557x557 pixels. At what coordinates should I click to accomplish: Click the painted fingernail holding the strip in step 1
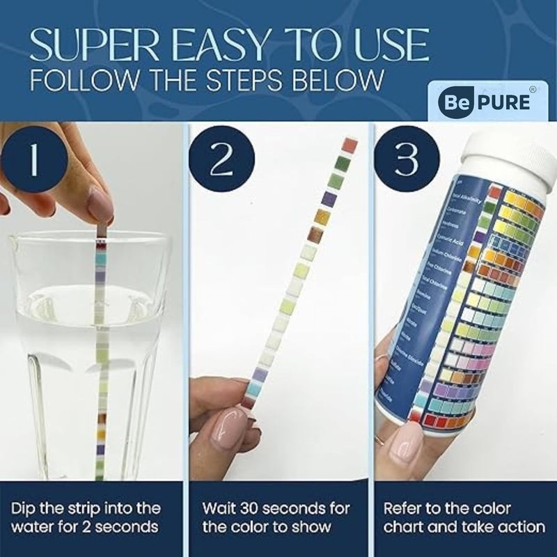[100, 205]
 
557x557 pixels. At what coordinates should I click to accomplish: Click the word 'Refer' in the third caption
[404, 508]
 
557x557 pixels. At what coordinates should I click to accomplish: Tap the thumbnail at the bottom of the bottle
[403, 450]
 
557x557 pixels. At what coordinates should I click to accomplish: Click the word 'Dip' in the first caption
[24, 508]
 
